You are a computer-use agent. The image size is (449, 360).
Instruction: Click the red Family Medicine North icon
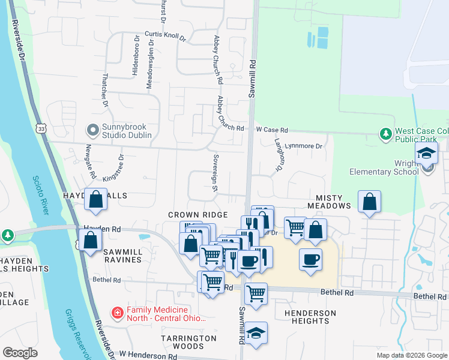pyautogui.click(x=118, y=313)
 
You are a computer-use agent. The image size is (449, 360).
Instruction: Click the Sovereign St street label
pyautogui.click(x=214, y=173)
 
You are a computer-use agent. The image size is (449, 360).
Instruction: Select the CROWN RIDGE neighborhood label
pyautogui.click(x=197, y=215)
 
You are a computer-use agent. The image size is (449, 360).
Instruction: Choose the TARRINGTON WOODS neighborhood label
pyautogui.click(x=188, y=342)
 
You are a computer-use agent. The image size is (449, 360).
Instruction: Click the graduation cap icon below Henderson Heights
pyautogui.click(x=256, y=333)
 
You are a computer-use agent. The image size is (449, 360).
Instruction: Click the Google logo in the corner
pyautogui.click(x=20, y=353)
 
